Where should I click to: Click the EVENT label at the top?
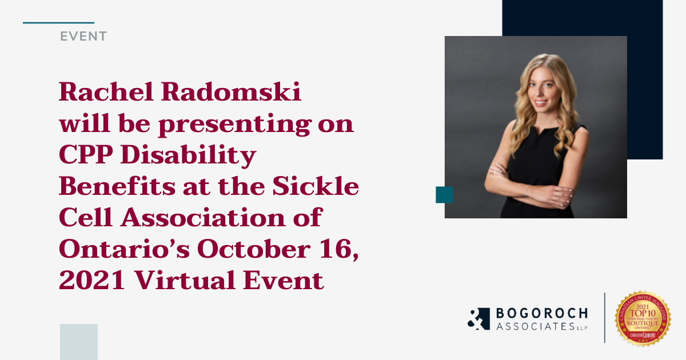click(x=83, y=37)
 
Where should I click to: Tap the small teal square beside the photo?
click(x=444, y=195)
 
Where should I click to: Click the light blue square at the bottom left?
click(x=79, y=342)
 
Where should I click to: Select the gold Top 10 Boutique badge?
click(x=643, y=318)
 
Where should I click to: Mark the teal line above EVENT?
click(x=58, y=23)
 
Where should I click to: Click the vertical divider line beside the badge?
click(x=605, y=318)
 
